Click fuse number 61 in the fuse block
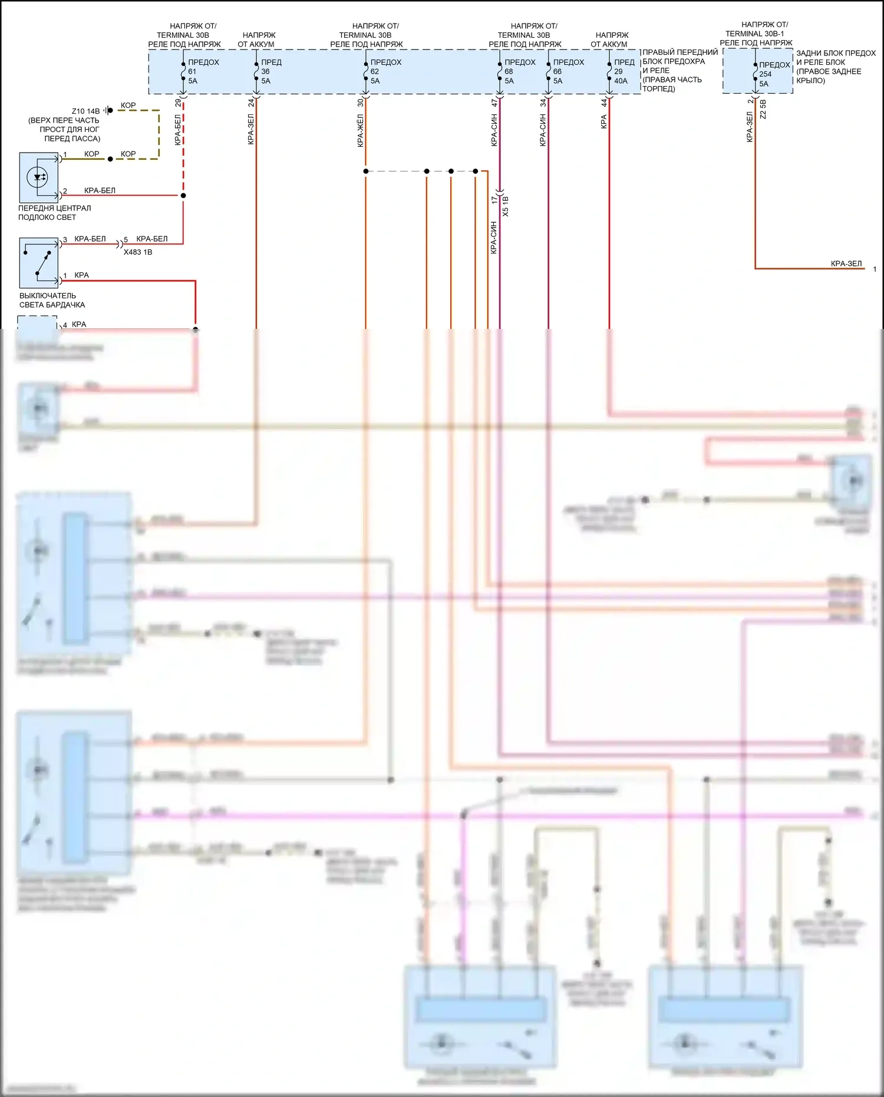pyautogui.click(x=183, y=71)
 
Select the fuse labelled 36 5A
pyautogui.click(x=256, y=71)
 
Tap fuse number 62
pyautogui.click(x=365, y=71)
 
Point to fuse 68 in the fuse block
pyautogui.click(x=500, y=71)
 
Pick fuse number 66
pyautogui.click(x=548, y=71)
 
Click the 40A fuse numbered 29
pyautogui.click(x=609, y=71)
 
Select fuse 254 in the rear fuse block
pyautogui.click(x=755, y=74)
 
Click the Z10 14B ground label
pyautogui.click(x=85, y=111)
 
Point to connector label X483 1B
pyautogui.click(x=138, y=252)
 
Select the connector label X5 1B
pyautogui.click(x=506, y=206)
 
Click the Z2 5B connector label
pyautogui.click(x=763, y=110)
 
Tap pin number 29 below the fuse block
pyautogui.click(x=178, y=103)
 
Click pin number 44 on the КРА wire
pyautogui.click(x=604, y=103)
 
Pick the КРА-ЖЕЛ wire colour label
pyautogui.click(x=360, y=131)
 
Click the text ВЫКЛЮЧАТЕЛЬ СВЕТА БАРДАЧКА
pyautogui.click(x=52, y=300)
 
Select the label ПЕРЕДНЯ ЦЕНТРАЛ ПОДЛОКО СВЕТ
pyautogui.click(x=54, y=212)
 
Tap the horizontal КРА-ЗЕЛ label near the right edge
pyautogui.click(x=846, y=263)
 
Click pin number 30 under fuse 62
pyautogui.click(x=360, y=103)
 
